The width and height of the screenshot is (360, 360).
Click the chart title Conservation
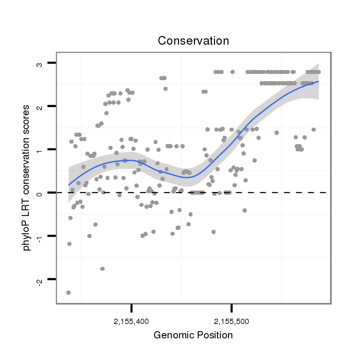(x=193, y=41)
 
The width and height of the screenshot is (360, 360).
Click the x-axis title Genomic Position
(x=193, y=335)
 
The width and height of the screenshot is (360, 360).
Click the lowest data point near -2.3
(x=68, y=292)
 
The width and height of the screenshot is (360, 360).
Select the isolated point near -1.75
(x=102, y=269)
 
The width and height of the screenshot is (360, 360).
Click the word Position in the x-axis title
(x=213, y=335)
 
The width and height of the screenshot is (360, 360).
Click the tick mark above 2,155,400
(x=132, y=307)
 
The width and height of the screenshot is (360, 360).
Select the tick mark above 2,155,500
(x=232, y=307)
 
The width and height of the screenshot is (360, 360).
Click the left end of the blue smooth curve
(x=69, y=185)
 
